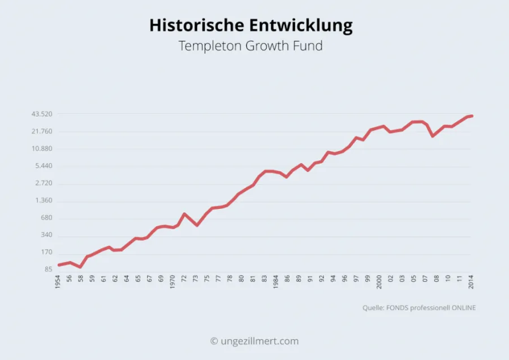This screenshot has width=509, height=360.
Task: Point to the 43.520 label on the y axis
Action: [x=42, y=114]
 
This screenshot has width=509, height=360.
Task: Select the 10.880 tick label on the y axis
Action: [x=42, y=149]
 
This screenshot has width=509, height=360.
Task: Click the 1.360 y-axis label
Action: [x=44, y=201]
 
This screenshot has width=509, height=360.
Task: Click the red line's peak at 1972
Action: [x=184, y=214]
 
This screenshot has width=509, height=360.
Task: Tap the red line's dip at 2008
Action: [x=433, y=136]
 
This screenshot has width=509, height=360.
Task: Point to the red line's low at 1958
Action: [x=80, y=267]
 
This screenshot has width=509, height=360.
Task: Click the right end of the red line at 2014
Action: [x=472, y=115]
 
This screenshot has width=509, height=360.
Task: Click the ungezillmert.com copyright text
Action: [x=254, y=341]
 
